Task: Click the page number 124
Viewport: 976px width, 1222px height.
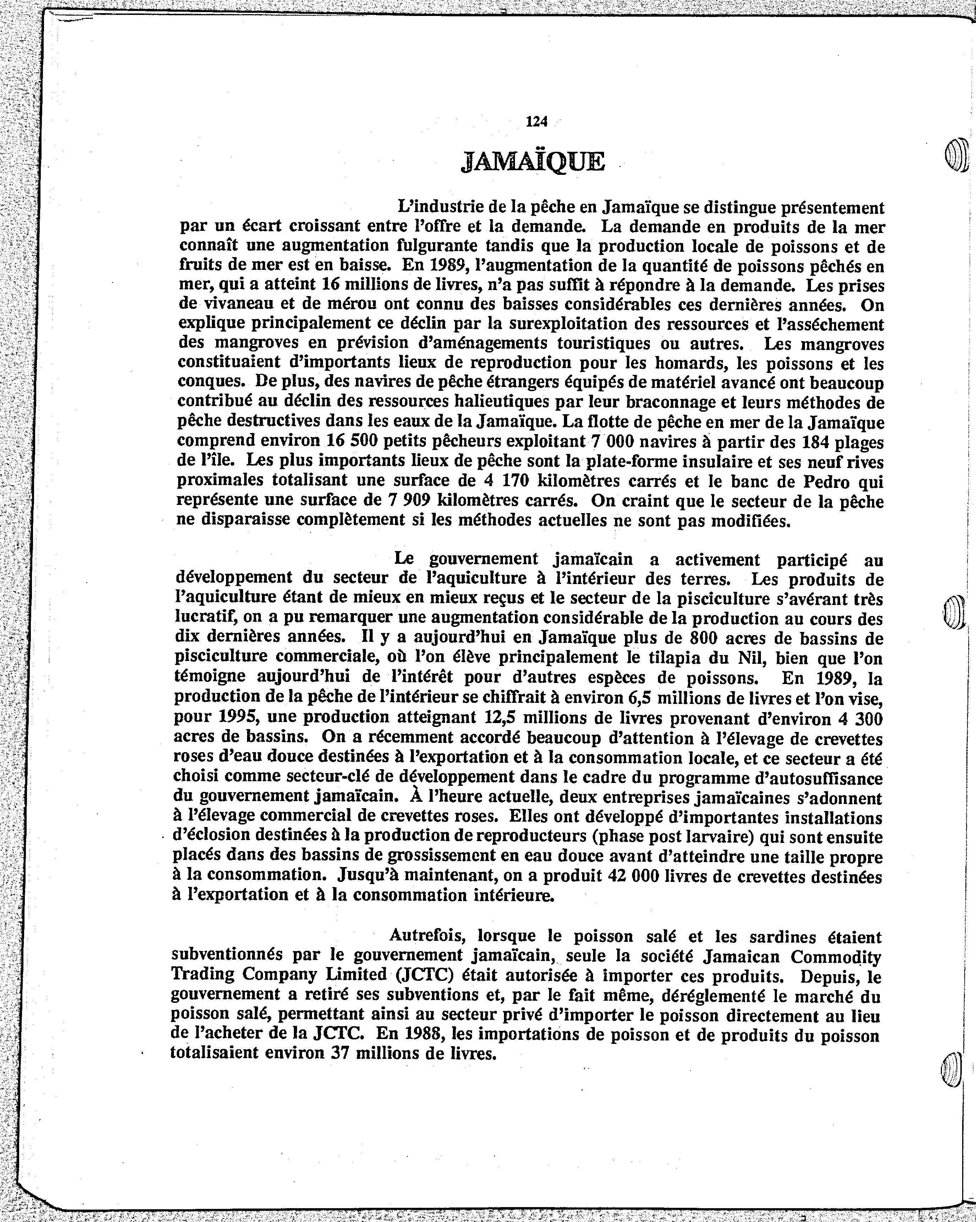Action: click(536, 121)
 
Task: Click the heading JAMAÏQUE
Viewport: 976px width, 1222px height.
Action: click(533, 162)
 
